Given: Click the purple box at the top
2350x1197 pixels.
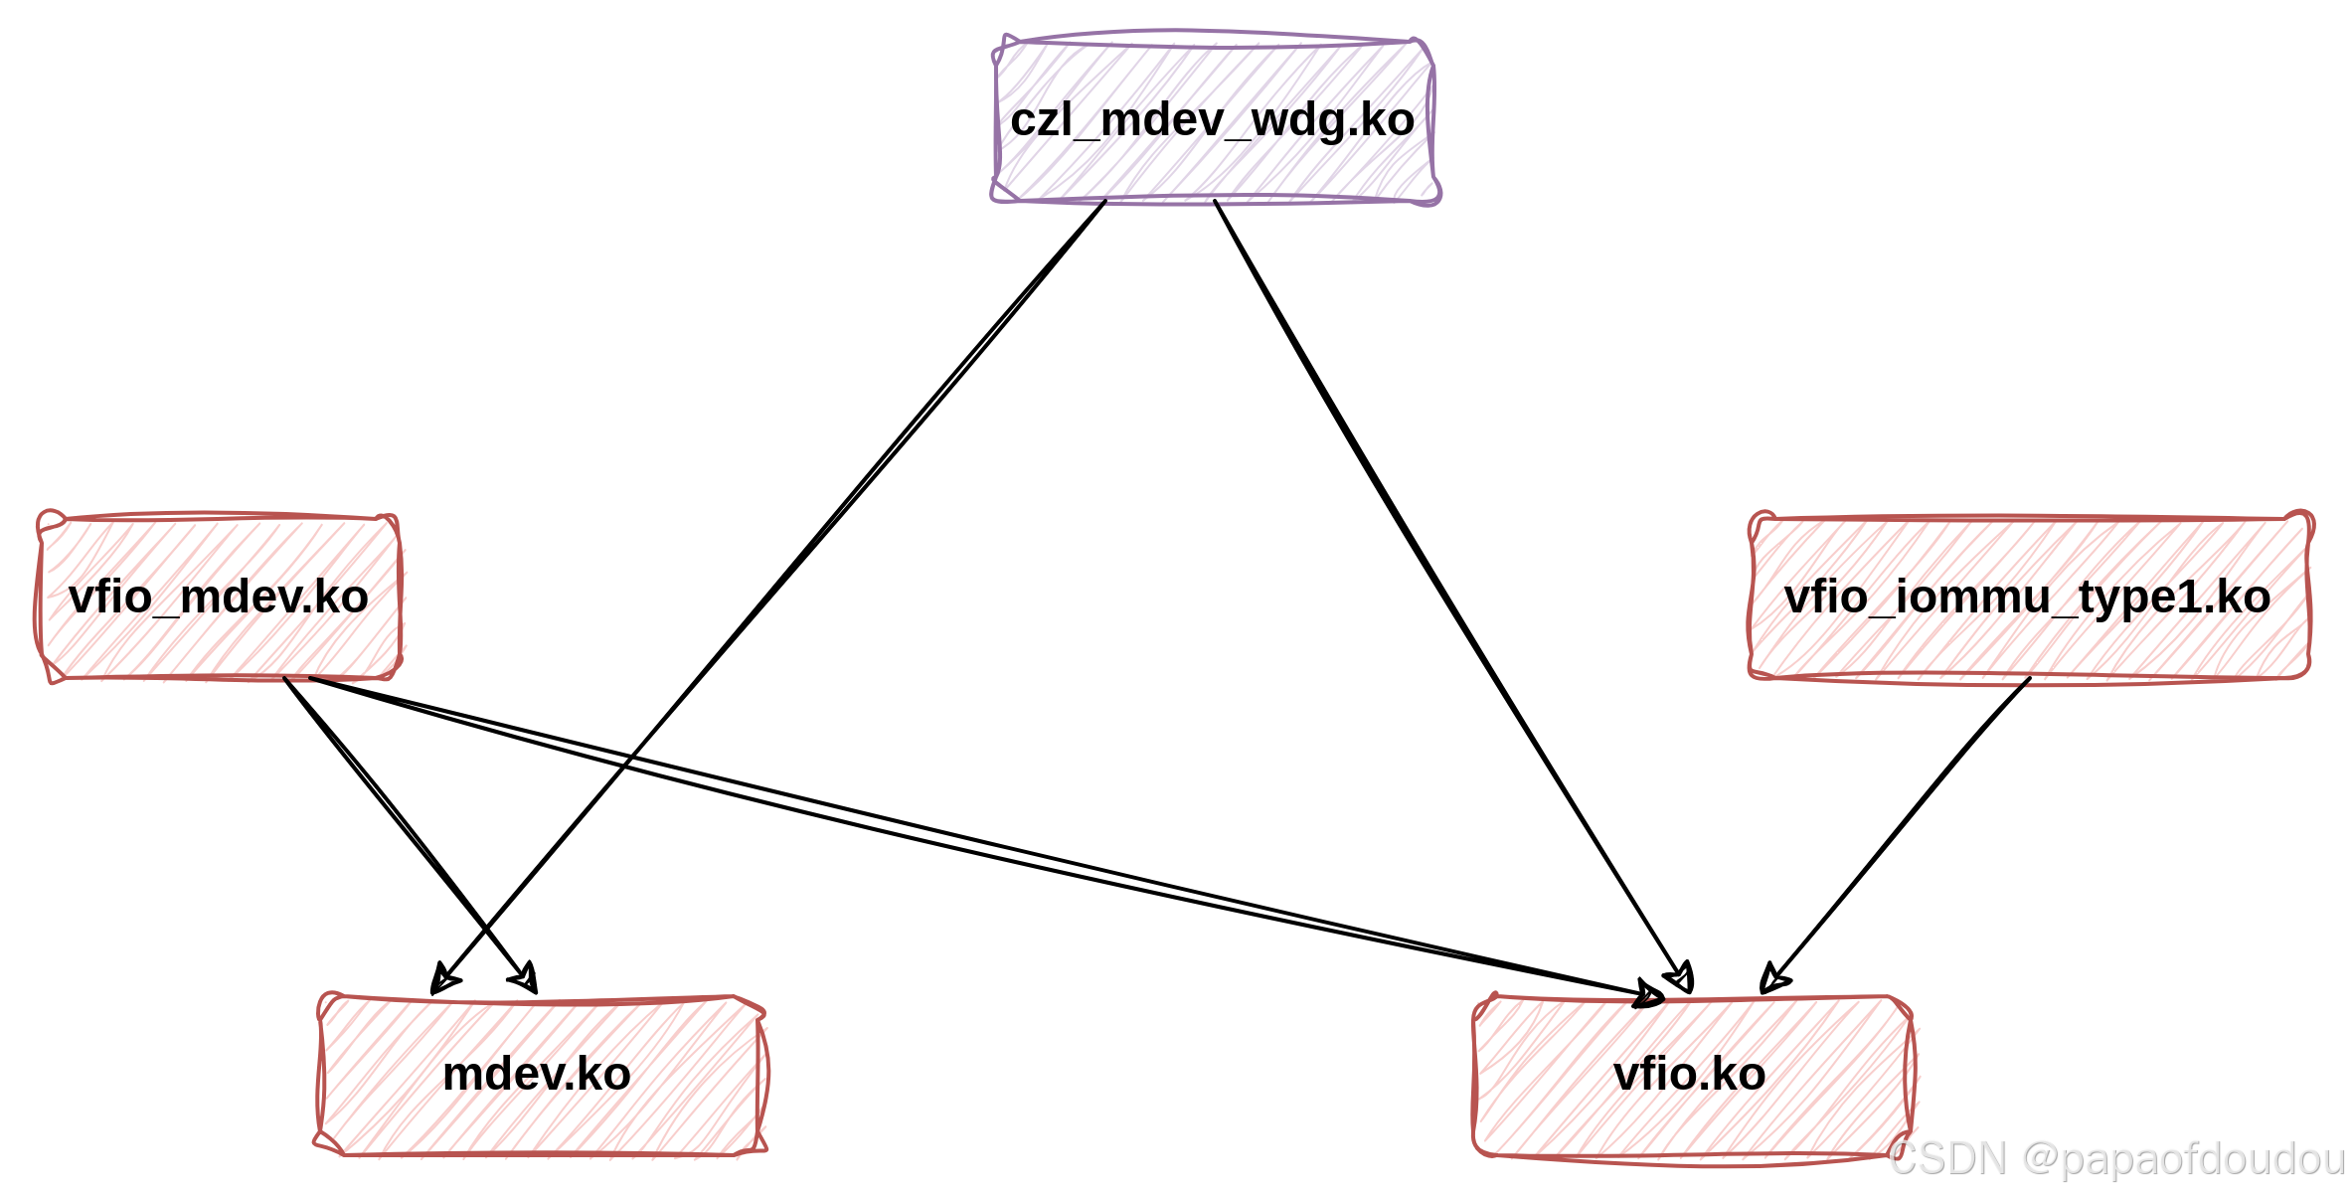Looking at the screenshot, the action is (1215, 119).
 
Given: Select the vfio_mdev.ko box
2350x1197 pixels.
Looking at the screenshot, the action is (219, 597).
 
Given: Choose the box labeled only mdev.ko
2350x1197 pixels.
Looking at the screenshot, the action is (541, 1074).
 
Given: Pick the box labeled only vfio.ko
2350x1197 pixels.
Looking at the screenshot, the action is (1692, 1076).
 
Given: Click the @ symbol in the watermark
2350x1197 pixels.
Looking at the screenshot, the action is (2038, 1158).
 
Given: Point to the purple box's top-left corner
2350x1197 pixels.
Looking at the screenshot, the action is (998, 42).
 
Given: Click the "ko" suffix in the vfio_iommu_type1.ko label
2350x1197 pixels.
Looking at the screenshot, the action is (2248, 597).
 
